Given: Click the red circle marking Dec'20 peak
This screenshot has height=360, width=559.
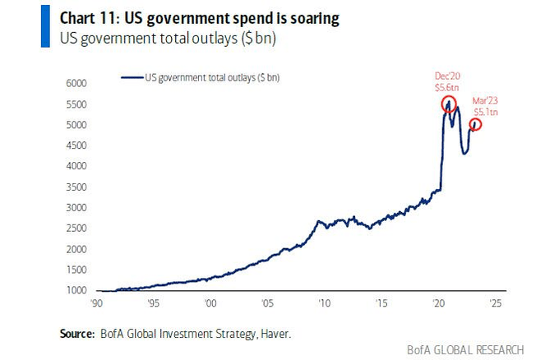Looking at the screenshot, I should click(x=449, y=104).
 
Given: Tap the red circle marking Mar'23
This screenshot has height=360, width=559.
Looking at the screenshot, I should click(x=475, y=124).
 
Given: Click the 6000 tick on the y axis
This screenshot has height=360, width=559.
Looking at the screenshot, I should click(x=76, y=83).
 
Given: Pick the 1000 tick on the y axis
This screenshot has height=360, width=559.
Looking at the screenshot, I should click(x=76, y=291).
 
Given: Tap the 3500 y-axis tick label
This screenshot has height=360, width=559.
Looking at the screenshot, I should click(x=76, y=187).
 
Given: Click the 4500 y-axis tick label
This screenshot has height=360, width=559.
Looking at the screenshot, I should click(x=76, y=145).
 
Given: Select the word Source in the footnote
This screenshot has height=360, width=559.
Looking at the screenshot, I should click(x=76, y=334).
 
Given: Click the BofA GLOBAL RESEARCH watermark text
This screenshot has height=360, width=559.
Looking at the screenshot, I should click(x=465, y=349).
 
